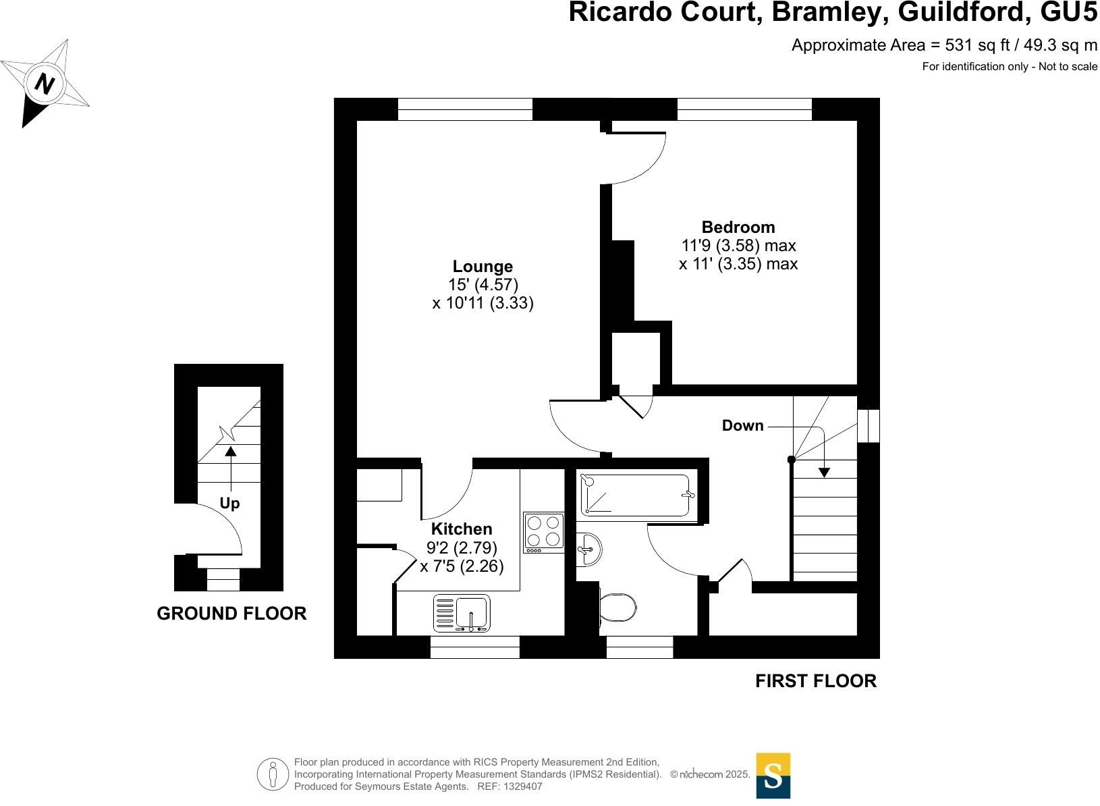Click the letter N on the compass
click(x=45, y=84)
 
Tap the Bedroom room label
click(x=738, y=227)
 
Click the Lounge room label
click(x=483, y=266)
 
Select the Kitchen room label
click(x=462, y=529)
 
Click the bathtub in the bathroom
click(x=635, y=495)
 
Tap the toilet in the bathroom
click(x=617, y=608)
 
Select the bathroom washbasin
click(x=588, y=549)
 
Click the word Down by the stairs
click(x=742, y=425)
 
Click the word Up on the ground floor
click(x=229, y=504)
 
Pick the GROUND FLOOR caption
click(x=231, y=613)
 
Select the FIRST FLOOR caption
click(x=815, y=681)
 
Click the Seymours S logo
click(x=773, y=776)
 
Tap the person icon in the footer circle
click(x=273, y=775)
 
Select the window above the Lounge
click(x=465, y=109)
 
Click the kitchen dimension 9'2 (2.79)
click(x=462, y=547)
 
